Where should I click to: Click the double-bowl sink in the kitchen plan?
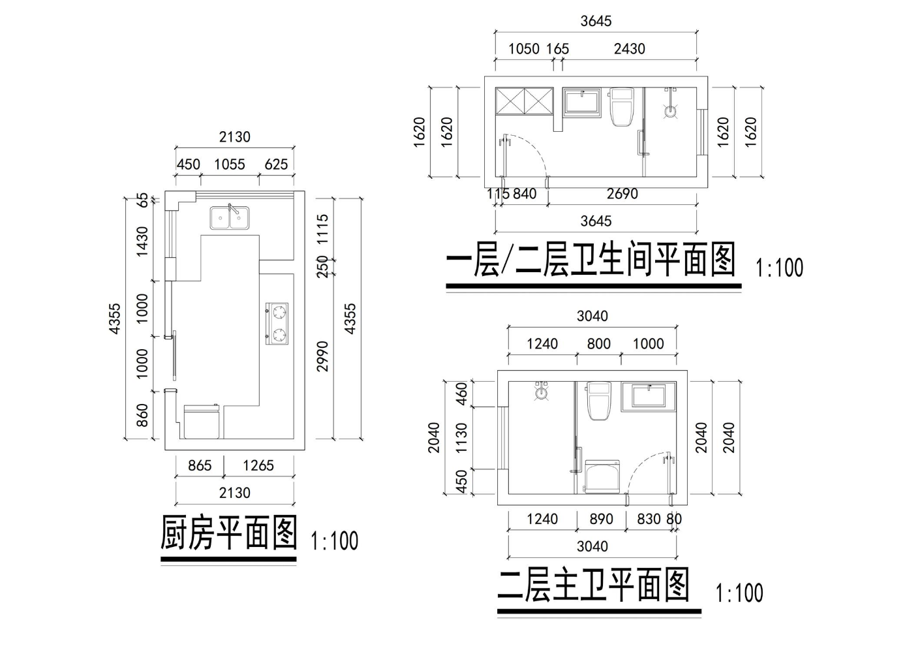tap(229, 217)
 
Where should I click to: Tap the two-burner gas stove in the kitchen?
tap(278, 324)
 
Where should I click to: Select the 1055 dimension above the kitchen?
tap(230, 164)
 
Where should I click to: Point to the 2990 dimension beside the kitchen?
tap(322, 356)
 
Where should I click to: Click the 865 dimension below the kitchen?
tap(200, 465)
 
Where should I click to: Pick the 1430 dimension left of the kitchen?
tap(142, 241)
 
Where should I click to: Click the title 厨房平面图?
tap(228, 533)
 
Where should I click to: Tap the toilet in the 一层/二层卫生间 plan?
tap(621, 107)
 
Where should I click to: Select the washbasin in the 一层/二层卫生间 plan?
tap(582, 103)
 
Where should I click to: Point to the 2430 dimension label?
tap(629, 49)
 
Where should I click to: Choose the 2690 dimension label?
tap(622, 194)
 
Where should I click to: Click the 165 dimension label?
tap(557, 49)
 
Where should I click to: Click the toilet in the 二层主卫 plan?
tap(599, 401)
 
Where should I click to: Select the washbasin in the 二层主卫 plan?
tap(649, 397)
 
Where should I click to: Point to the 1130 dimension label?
tap(461, 438)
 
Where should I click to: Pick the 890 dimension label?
tap(601, 519)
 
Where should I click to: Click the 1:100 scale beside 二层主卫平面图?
tap(739, 593)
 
